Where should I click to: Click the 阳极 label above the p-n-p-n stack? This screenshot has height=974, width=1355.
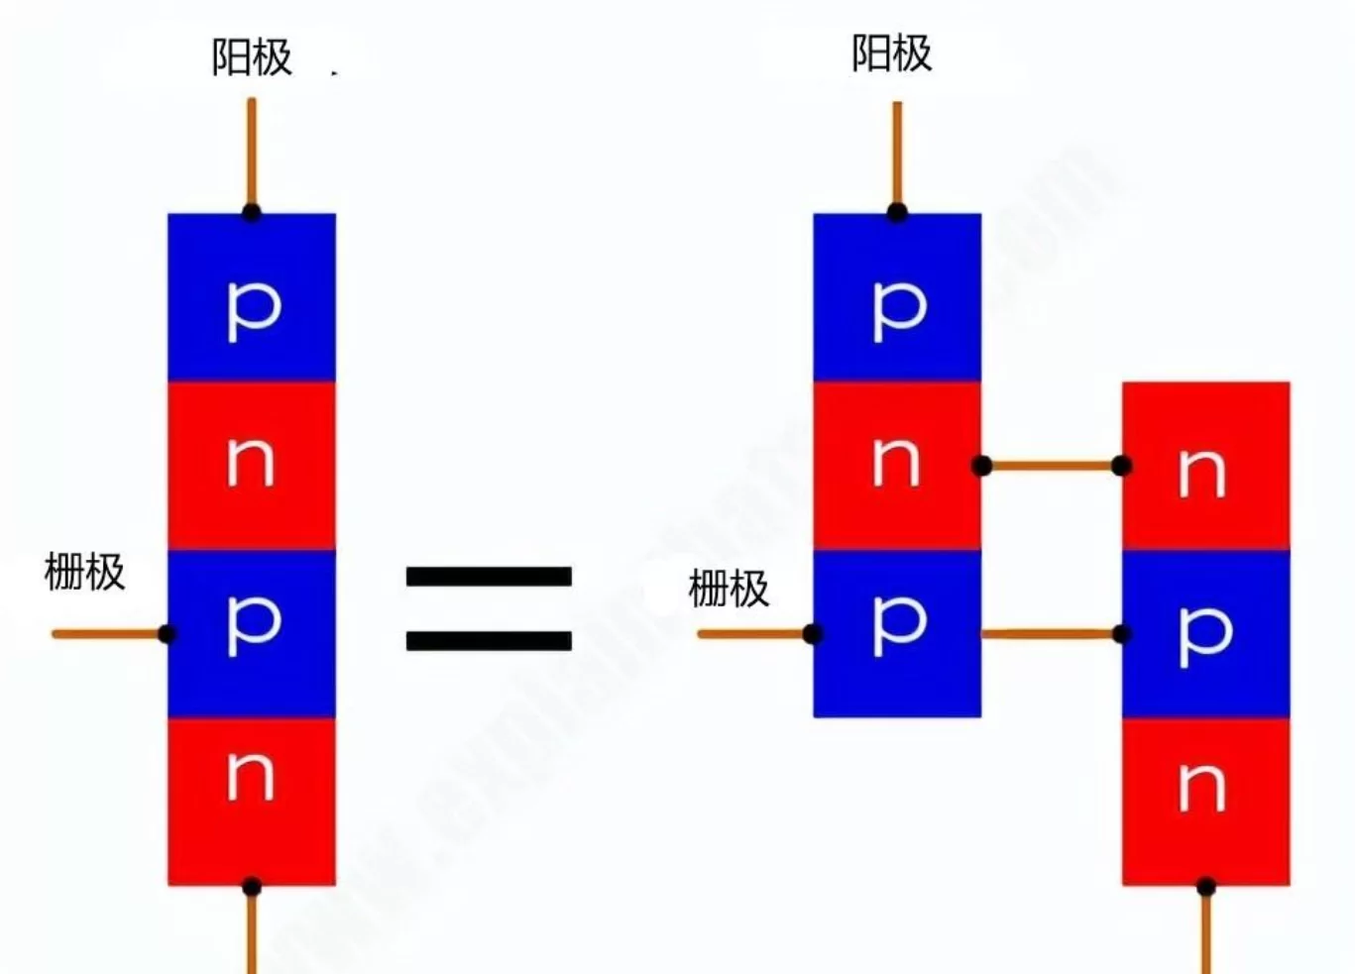click(252, 57)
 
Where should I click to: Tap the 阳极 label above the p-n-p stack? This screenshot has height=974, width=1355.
click(891, 54)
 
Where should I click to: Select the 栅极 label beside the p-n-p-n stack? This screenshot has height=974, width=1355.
click(84, 573)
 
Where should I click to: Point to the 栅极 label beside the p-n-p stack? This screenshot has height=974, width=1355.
click(729, 590)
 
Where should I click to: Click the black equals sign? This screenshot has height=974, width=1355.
click(489, 607)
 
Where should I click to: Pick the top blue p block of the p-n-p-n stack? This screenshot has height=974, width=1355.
click(252, 297)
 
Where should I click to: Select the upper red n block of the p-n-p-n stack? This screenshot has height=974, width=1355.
click(252, 465)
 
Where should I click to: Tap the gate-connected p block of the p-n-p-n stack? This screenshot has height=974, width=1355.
click(252, 632)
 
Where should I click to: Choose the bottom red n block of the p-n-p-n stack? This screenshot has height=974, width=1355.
click(252, 801)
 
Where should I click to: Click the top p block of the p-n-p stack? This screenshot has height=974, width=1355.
click(897, 297)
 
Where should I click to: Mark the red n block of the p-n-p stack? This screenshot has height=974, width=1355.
click(897, 465)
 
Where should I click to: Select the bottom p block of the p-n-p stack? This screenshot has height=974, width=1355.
click(897, 632)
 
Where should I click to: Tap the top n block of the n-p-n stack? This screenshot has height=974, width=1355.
click(1205, 465)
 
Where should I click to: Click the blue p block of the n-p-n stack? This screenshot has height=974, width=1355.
click(1205, 632)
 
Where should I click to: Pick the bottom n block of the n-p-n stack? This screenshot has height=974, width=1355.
click(1205, 801)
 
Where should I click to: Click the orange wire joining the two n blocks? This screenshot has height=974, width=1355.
click(1052, 465)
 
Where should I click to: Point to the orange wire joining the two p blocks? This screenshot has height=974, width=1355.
click(1052, 633)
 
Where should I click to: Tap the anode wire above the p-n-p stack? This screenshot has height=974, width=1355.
click(897, 154)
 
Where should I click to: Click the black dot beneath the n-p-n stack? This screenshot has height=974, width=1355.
click(1205, 887)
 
